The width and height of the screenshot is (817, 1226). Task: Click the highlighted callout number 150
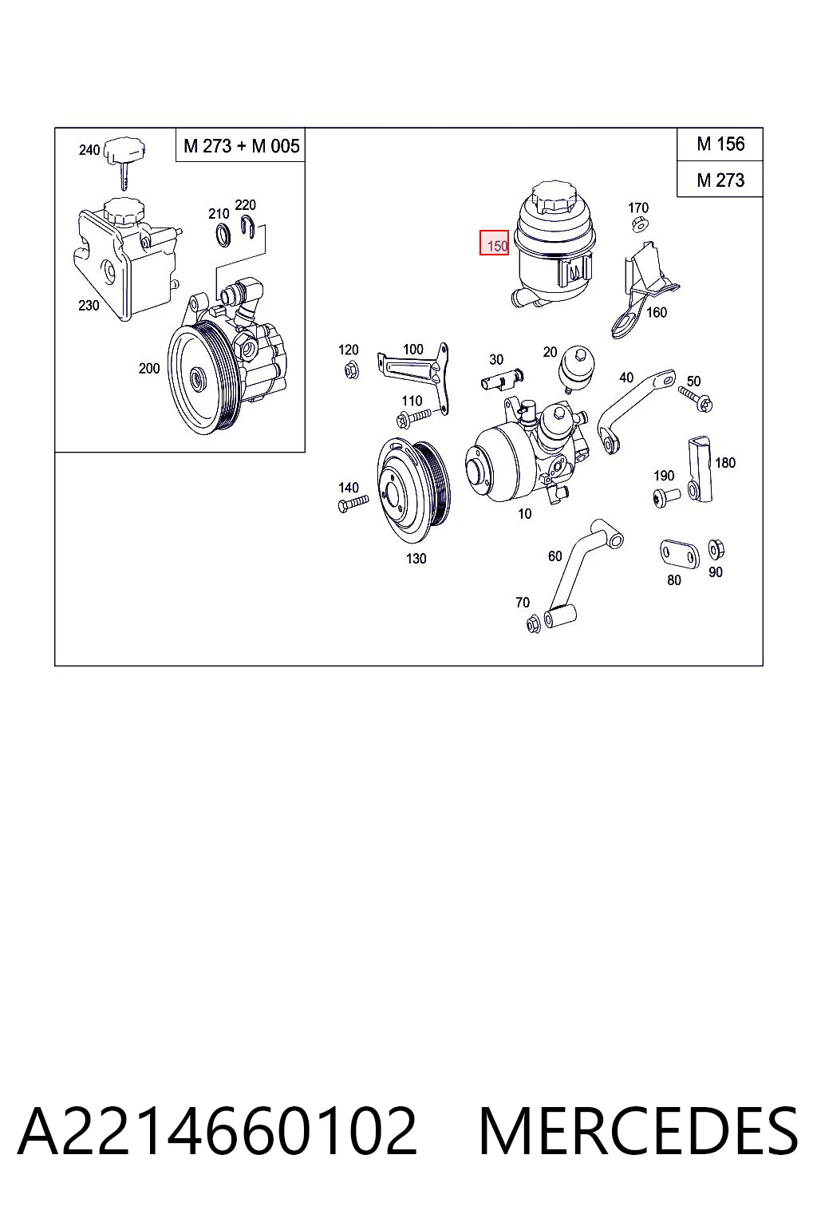[494, 243]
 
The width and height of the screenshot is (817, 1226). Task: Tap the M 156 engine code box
[720, 144]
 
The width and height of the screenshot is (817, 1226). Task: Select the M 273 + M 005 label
[241, 145]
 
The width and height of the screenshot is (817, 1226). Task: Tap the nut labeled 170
[637, 223]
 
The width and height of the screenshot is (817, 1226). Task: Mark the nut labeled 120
[352, 370]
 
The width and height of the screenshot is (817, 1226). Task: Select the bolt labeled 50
[696, 399]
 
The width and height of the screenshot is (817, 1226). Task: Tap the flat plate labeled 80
[679, 555]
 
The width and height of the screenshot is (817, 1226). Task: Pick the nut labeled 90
[716, 548]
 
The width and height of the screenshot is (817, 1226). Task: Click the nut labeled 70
[533, 623]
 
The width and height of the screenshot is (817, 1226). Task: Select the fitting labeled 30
[502, 378]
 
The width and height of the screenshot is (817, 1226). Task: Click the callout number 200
[149, 368]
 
